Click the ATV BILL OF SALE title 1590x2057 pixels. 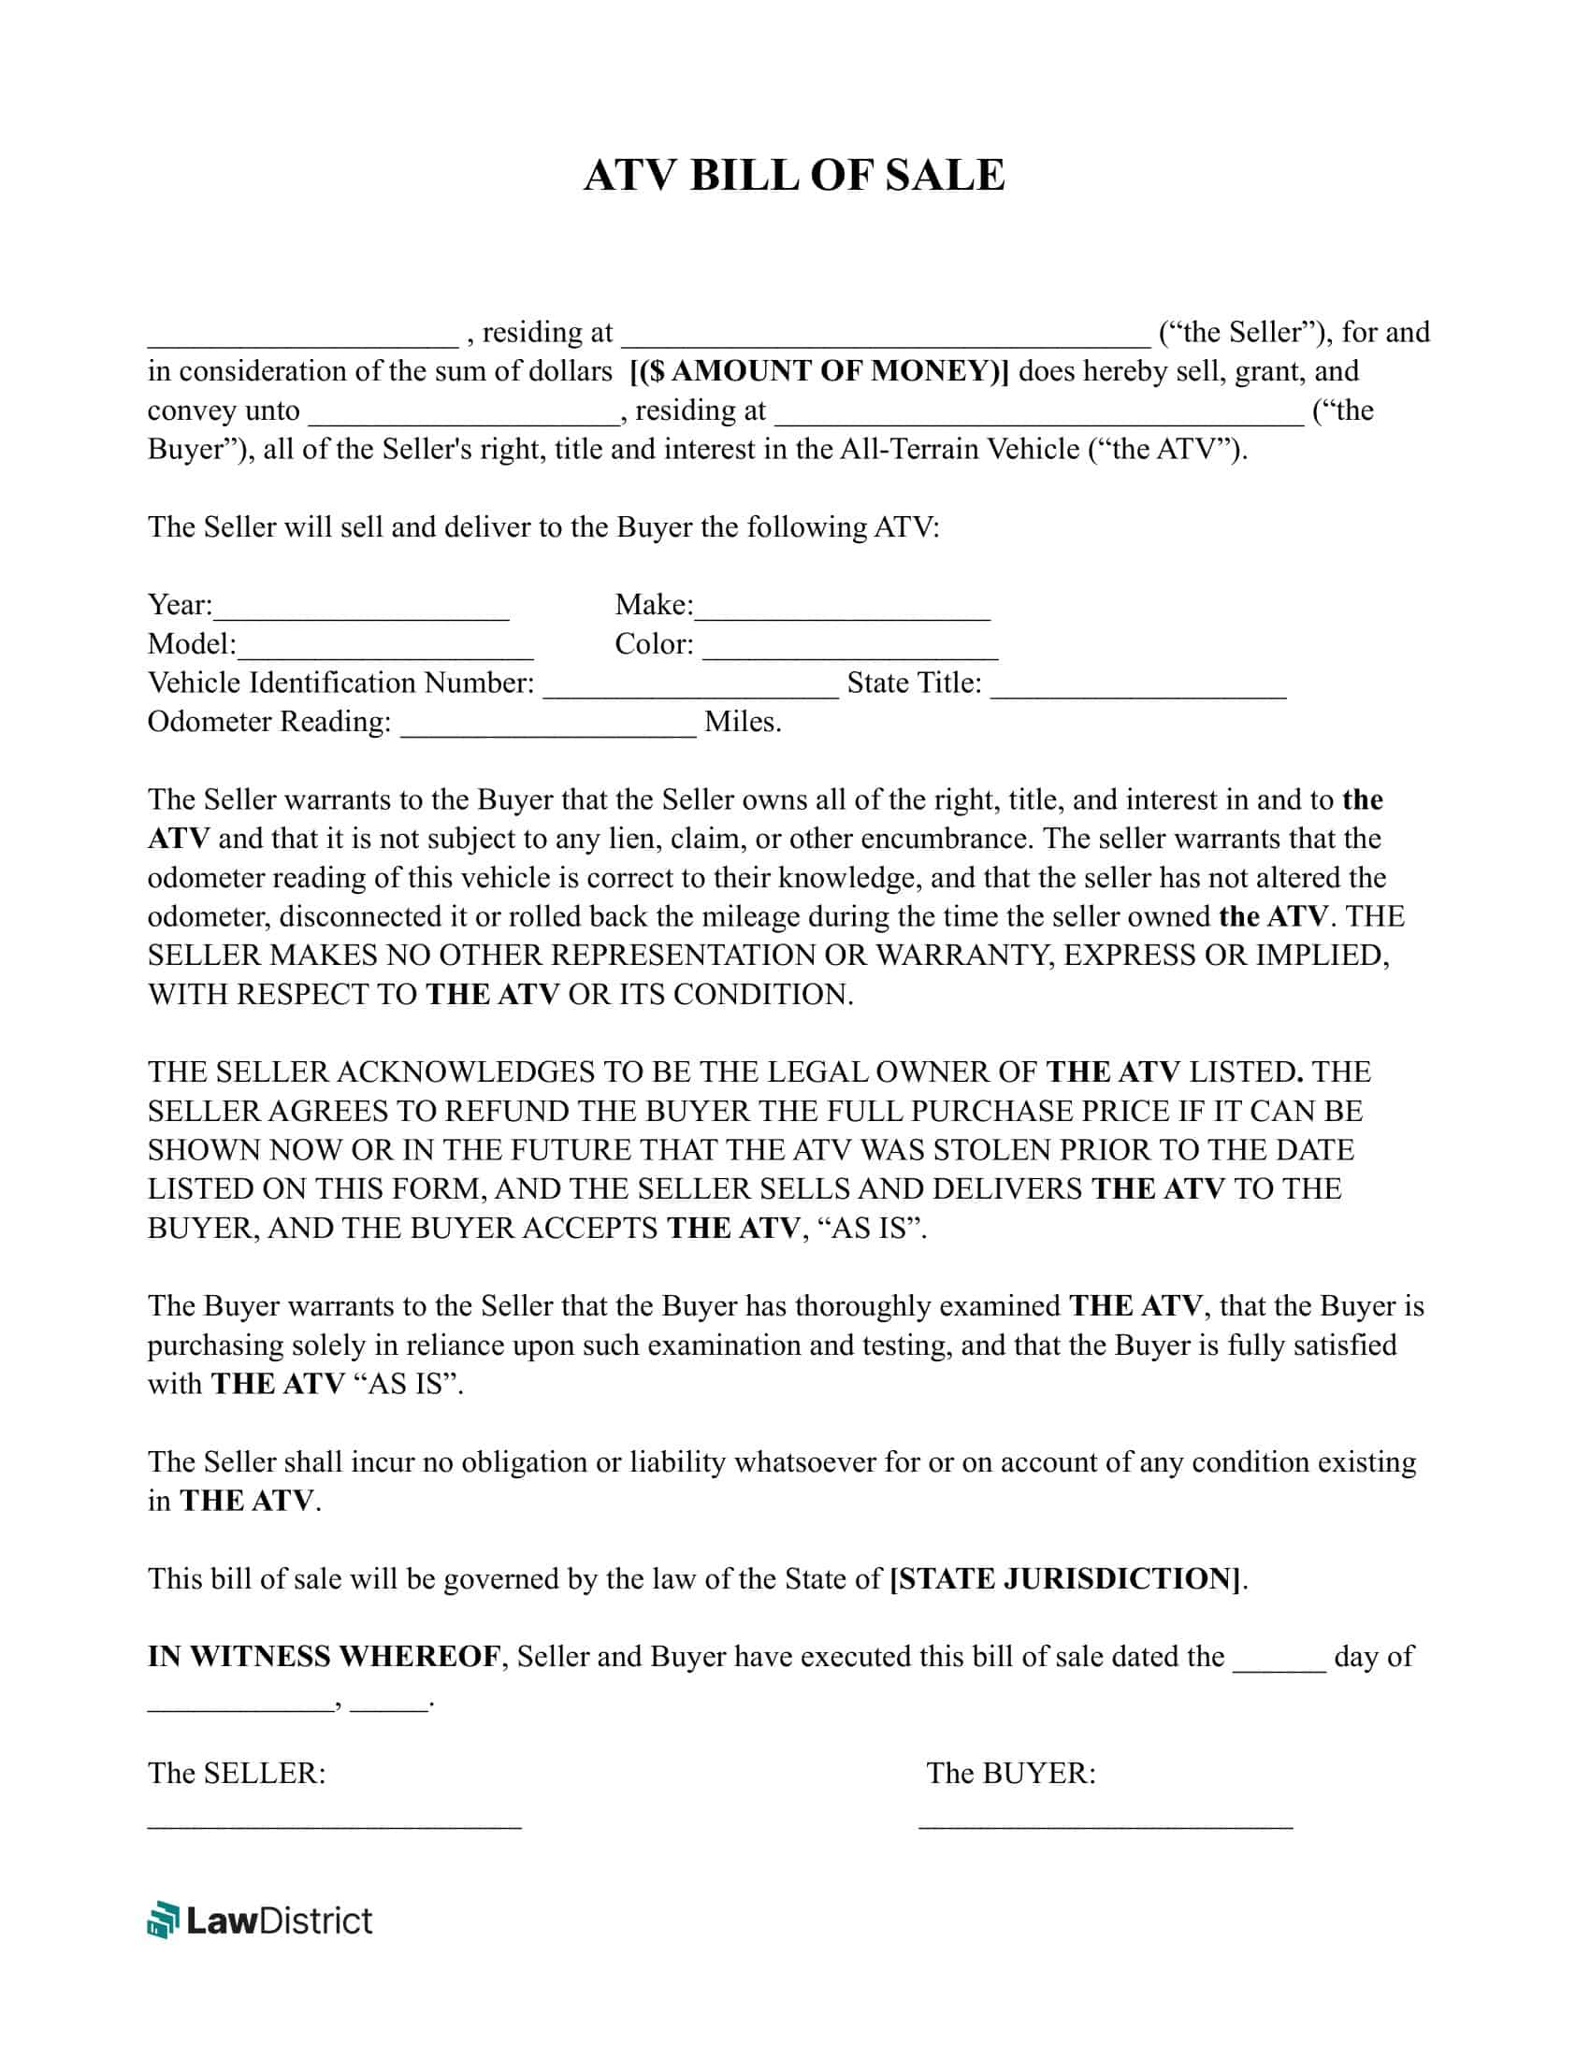click(794, 175)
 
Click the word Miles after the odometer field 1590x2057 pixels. click(743, 723)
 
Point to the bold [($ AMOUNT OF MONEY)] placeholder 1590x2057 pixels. click(818, 371)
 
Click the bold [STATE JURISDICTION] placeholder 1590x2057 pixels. click(1065, 1578)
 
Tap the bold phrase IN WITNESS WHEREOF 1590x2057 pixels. click(324, 1657)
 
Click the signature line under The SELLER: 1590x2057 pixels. click(335, 1824)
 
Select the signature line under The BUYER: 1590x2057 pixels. click(1106, 1824)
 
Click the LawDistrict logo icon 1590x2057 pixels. click(163, 1920)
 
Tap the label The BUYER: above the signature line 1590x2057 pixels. click(1011, 1774)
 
